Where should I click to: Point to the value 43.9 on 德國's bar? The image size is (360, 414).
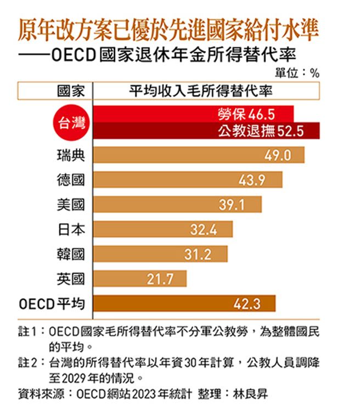point(252,180)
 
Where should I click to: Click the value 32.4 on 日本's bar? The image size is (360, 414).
point(204,229)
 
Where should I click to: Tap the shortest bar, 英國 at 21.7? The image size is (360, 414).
point(140,279)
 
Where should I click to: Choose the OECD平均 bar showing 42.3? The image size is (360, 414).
point(184,303)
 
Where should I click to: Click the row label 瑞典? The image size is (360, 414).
point(71,155)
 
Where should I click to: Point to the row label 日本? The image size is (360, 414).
point(71,229)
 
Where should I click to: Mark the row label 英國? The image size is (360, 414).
point(71,279)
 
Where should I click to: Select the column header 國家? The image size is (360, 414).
point(71,91)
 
